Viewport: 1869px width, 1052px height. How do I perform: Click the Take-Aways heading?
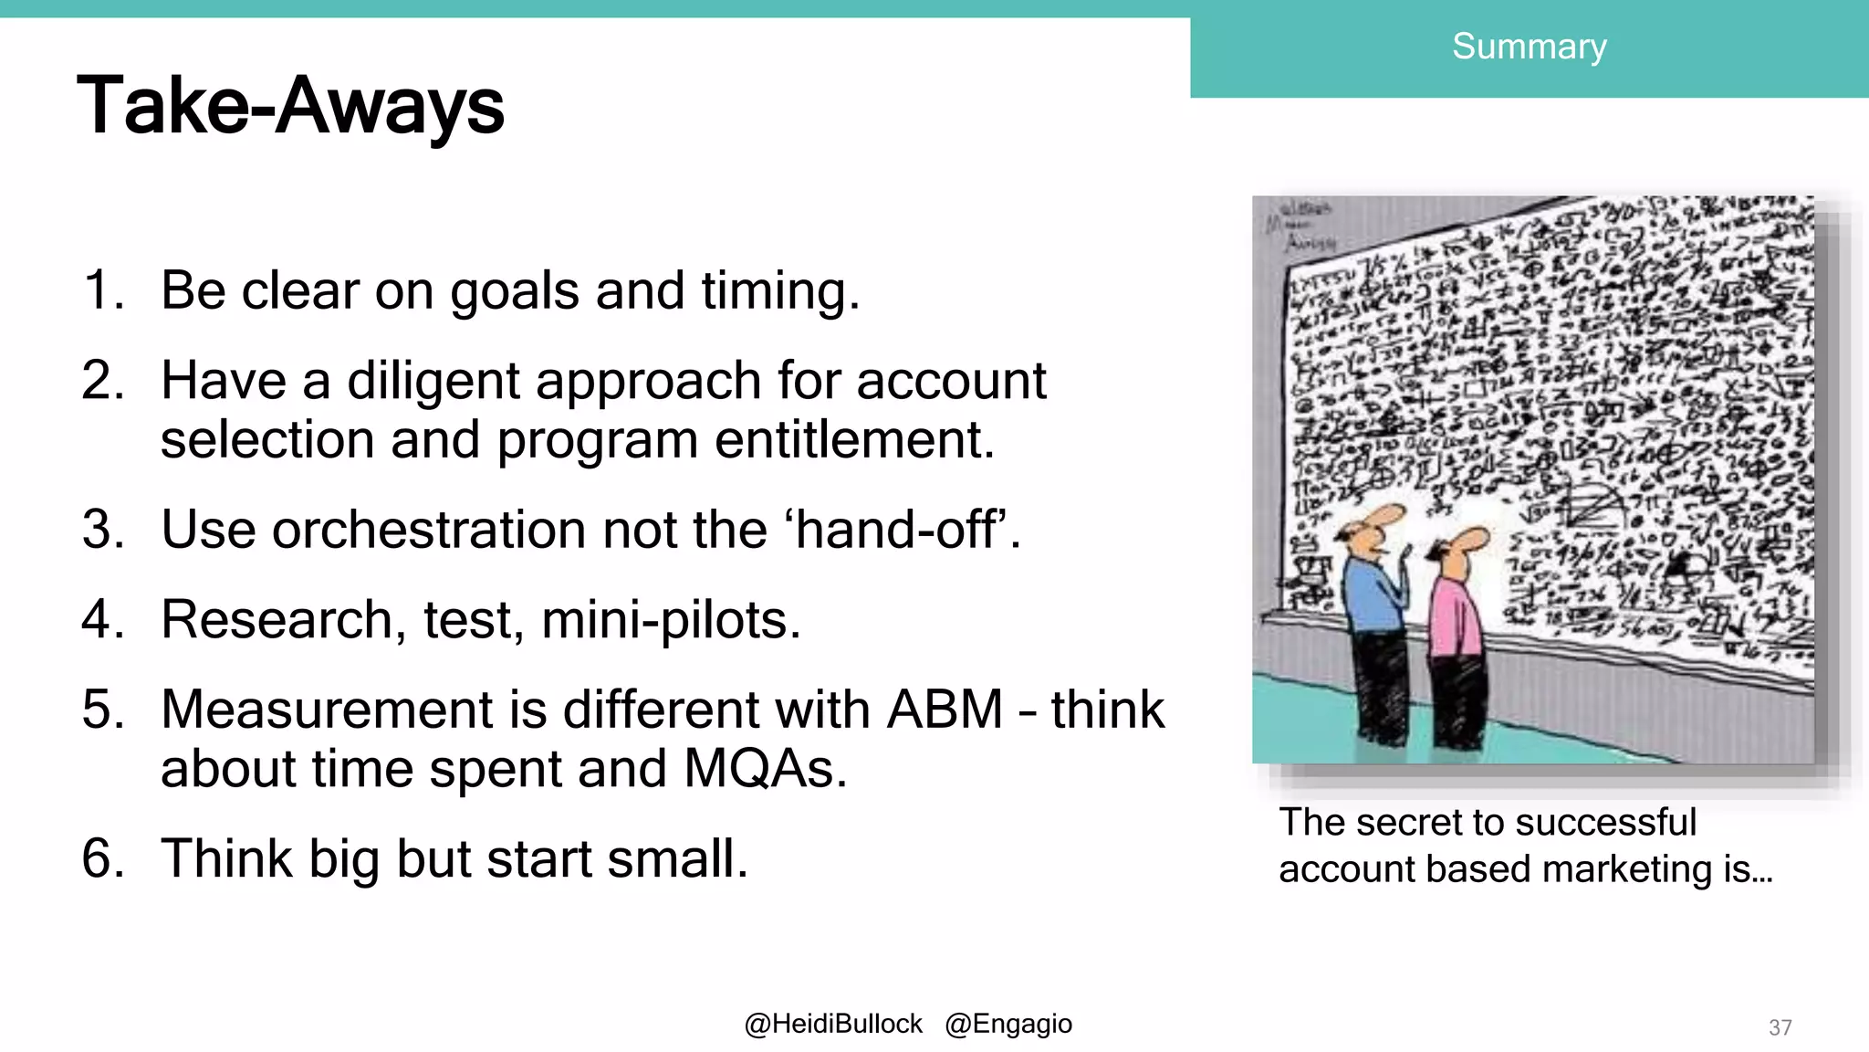pyautogui.click(x=290, y=106)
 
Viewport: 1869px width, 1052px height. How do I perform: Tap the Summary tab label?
pyautogui.click(x=1529, y=47)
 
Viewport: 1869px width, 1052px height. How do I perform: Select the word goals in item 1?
pyautogui.click(x=514, y=291)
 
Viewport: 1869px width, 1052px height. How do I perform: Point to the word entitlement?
pyautogui.click(x=853, y=440)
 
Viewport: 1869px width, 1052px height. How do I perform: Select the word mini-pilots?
pyautogui.click(x=671, y=620)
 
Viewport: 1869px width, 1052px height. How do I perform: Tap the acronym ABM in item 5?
pyautogui.click(x=945, y=710)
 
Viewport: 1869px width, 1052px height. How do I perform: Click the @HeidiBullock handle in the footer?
pyautogui.click(x=833, y=1025)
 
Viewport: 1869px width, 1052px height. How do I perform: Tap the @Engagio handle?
pyautogui.click(x=1008, y=1025)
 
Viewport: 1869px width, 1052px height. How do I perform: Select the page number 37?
pyautogui.click(x=1780, y=1027)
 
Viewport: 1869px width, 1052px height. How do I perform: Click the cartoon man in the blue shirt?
pyautogui.click(x=1373, y=621)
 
